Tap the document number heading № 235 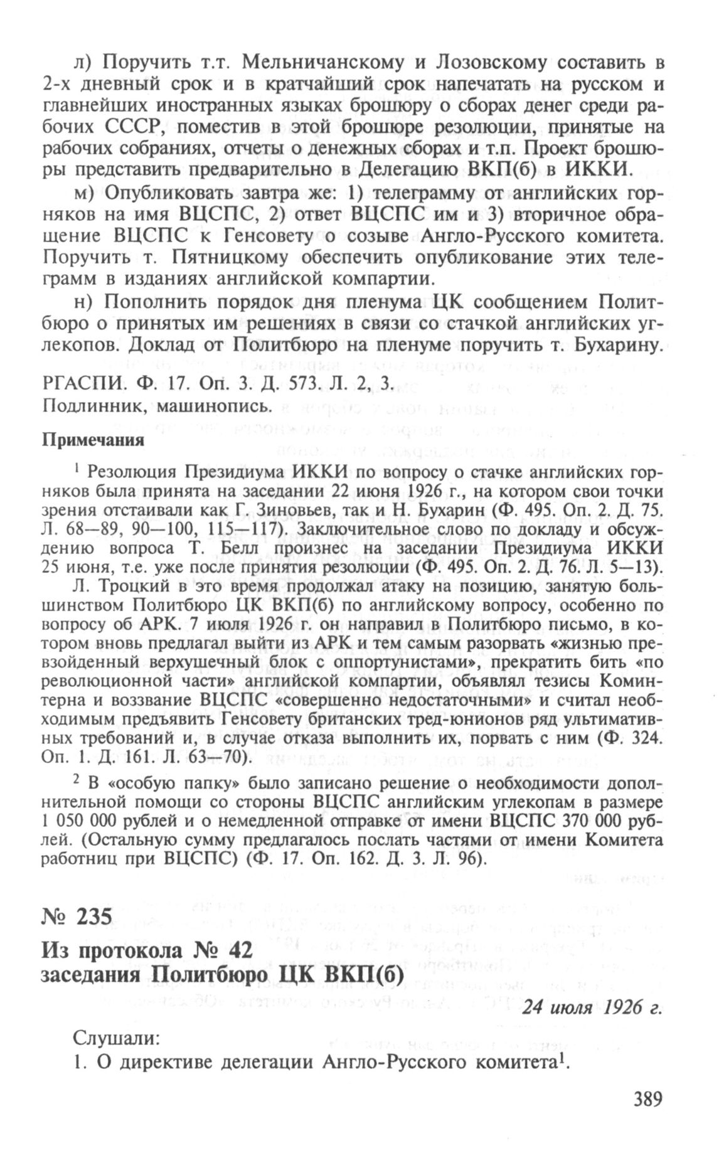point(77,917)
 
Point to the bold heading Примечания point(93,440)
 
